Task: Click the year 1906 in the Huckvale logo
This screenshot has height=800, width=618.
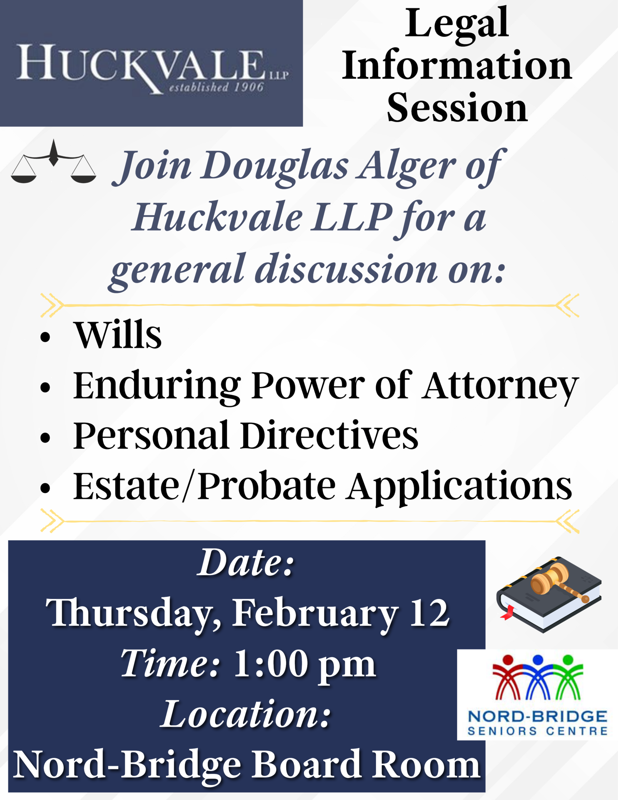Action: click(x=249, y=87)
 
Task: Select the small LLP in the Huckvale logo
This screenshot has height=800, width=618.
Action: click(x=279, y=75)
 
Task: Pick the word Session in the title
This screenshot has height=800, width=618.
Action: click(x=457, y=108)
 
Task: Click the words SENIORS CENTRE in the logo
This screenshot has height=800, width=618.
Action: click(x=537, y=731)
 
